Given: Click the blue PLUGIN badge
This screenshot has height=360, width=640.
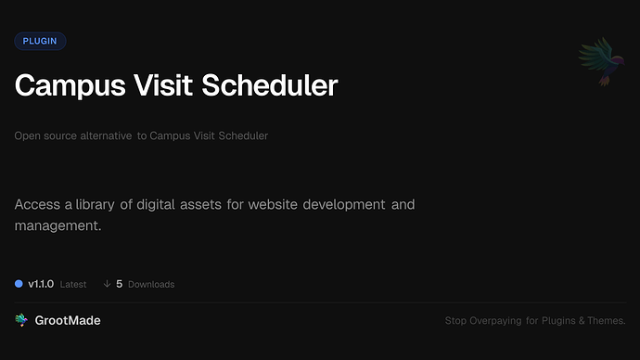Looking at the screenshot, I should pos(40,41).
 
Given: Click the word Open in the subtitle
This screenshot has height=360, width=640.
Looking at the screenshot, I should pos(26,136).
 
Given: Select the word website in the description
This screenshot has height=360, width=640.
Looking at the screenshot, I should pos(276,203).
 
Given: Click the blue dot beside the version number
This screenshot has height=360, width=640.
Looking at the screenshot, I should pos(19,284).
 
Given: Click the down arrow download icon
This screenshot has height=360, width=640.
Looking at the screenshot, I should pos(107,284).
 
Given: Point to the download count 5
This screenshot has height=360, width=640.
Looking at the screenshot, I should pos(120,284).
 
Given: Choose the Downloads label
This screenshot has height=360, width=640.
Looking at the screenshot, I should pos(151,284).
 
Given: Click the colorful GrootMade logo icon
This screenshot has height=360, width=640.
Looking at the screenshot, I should pos(21,320).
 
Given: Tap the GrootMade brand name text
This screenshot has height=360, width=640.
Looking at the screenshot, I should pos(68,320).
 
